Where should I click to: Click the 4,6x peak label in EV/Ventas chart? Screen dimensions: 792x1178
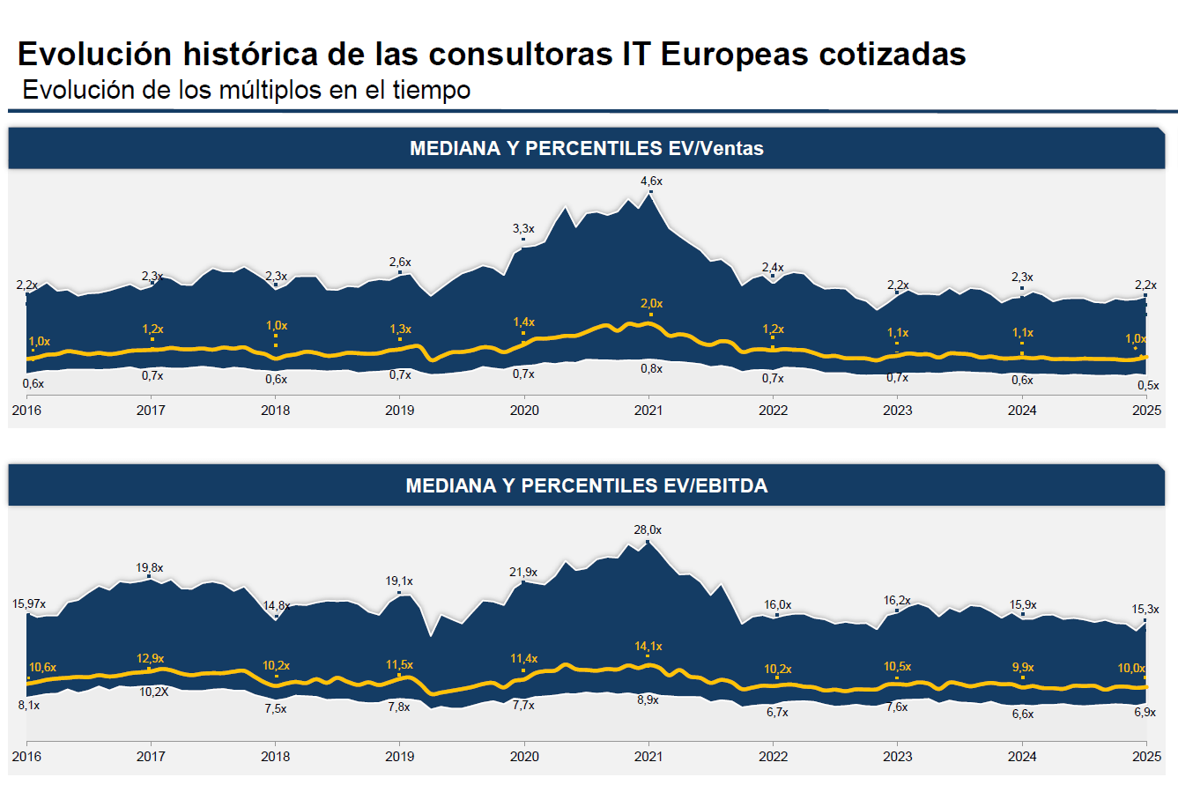[x=651, y=181]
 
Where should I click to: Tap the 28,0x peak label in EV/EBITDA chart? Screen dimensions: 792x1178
[x=648, y=530]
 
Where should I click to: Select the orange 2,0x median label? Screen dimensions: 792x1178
[x=651, y=304]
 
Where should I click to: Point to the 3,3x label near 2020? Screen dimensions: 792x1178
[x=523, y=229]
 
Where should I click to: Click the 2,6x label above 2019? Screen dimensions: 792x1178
[x=400, y=263]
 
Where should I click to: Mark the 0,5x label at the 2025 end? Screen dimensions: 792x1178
[x=1148, y=386]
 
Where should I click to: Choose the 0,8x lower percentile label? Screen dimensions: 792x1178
[x=651, y=369]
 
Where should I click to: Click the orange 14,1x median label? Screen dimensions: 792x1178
[x=648, y=647]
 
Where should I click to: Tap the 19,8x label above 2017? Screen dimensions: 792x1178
[x=150, y=568]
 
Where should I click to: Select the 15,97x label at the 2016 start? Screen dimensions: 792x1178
[x=29, y=604]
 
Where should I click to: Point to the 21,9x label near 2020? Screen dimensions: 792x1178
[x=523, y=573]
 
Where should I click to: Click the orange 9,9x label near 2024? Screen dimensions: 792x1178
[x=1023, y=668]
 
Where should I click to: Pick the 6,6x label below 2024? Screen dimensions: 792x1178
[x=1023, y=714]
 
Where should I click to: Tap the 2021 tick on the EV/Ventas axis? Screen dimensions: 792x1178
[x=649, y=411]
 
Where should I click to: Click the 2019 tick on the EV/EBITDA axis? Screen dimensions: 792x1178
[x=400, y=757]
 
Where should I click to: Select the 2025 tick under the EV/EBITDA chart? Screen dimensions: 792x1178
[x=1146, y=757]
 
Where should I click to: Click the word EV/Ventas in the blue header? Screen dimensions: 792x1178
[x=715, y=149]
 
